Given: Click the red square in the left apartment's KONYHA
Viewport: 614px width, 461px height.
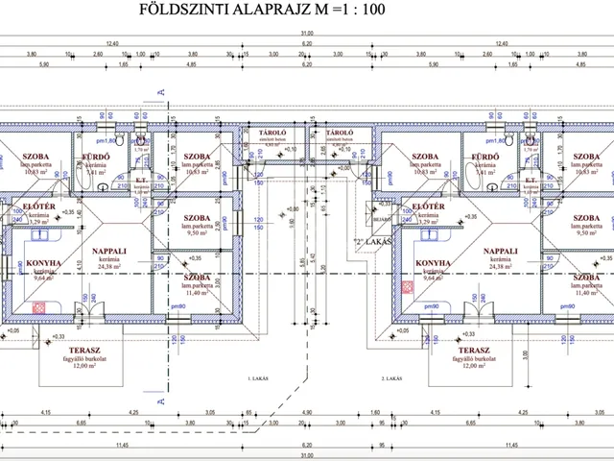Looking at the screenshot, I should point(40,307).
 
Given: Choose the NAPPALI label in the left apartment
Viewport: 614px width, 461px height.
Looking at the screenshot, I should point(111,251).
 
